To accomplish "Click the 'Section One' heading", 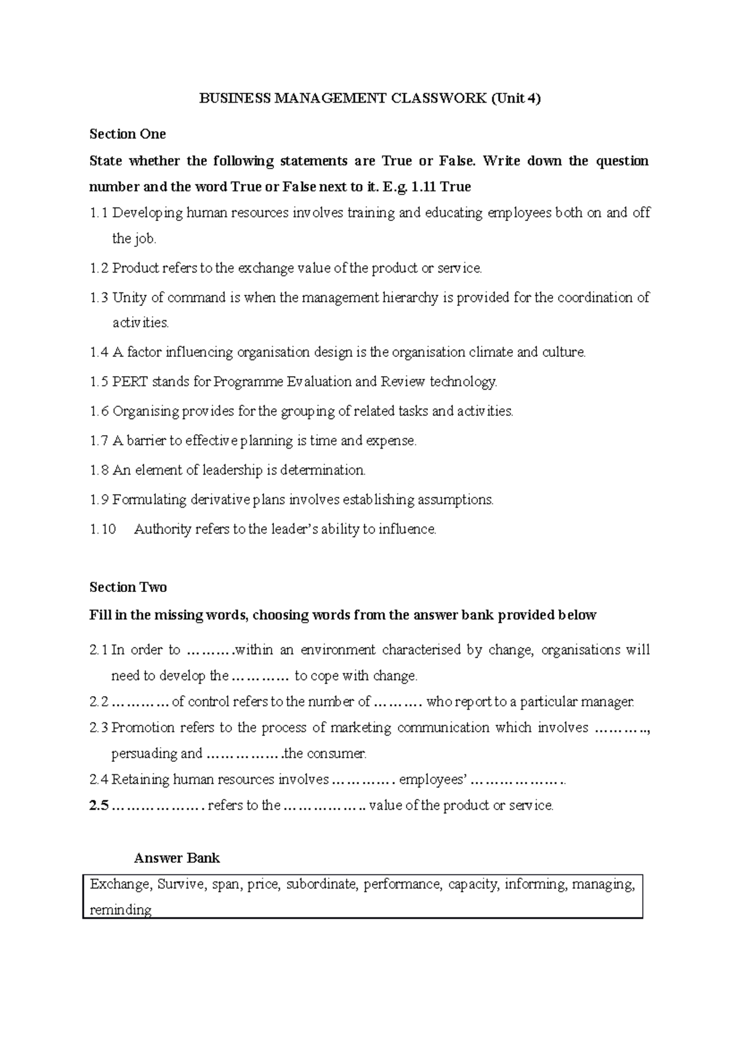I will pos(127,134).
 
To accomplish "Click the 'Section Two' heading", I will pos(128,587).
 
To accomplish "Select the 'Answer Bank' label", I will pos(177,858).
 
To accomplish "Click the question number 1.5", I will pos(99,382).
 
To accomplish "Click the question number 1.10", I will pos(103,529).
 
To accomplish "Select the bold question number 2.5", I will pos(99,805).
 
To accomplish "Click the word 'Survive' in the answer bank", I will pos(181,884).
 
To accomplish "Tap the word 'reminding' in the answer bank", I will pos(120,910).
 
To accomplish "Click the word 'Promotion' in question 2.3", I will pos(143,727).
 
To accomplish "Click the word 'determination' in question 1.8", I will pos(323,470).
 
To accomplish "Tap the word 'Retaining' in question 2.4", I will pos(140,779).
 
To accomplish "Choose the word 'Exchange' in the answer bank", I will pos(119,884).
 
